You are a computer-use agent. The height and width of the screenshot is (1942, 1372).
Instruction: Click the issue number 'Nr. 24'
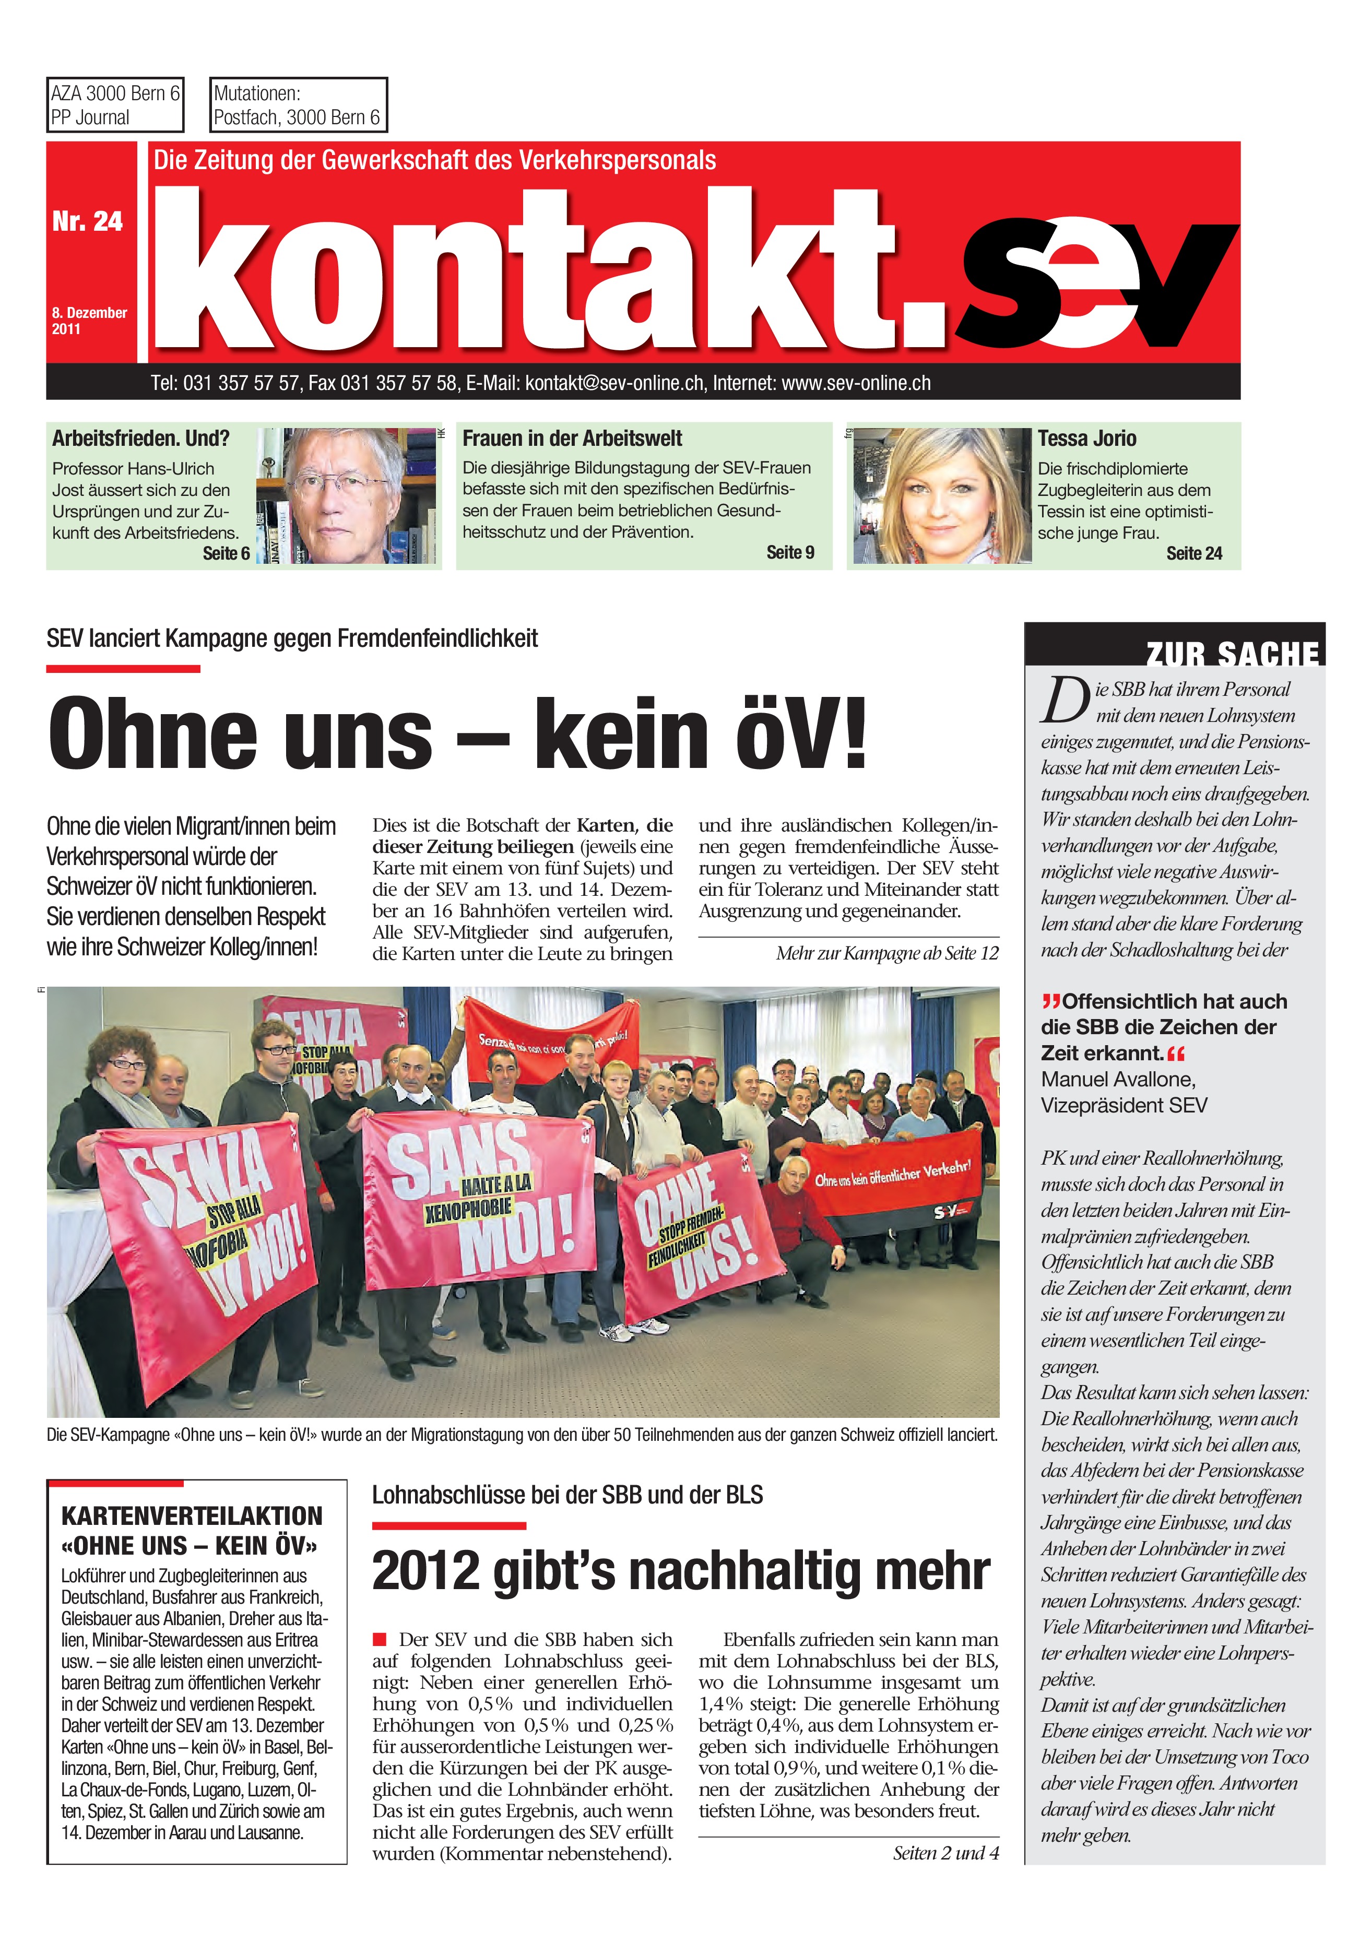(87, 221)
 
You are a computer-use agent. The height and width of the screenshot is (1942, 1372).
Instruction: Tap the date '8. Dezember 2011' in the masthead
(89, 321)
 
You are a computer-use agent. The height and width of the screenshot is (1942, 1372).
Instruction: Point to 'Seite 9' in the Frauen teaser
(790, 552)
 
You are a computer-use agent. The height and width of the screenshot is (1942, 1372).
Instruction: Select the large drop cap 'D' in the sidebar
(1063, 701)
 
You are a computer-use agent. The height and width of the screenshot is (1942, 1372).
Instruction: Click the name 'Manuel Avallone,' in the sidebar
(1117, 1079)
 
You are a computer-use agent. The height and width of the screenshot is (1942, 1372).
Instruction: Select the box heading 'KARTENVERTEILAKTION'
(192, 1515)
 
